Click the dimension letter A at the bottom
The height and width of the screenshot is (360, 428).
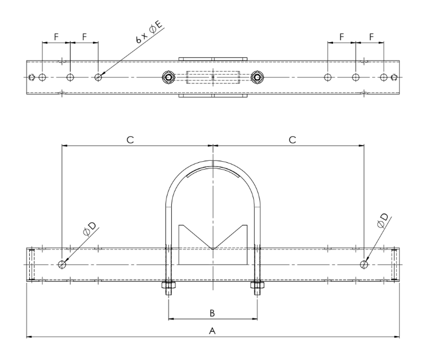212,331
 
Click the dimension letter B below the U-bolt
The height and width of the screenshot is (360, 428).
212,313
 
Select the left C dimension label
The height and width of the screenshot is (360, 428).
130,140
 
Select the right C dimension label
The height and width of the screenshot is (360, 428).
292,140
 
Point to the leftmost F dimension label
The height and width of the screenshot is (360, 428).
56,37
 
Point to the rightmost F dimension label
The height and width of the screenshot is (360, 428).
371,37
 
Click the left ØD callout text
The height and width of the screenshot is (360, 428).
90,228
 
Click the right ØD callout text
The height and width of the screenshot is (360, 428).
383,221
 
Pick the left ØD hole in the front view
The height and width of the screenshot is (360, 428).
62,264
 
